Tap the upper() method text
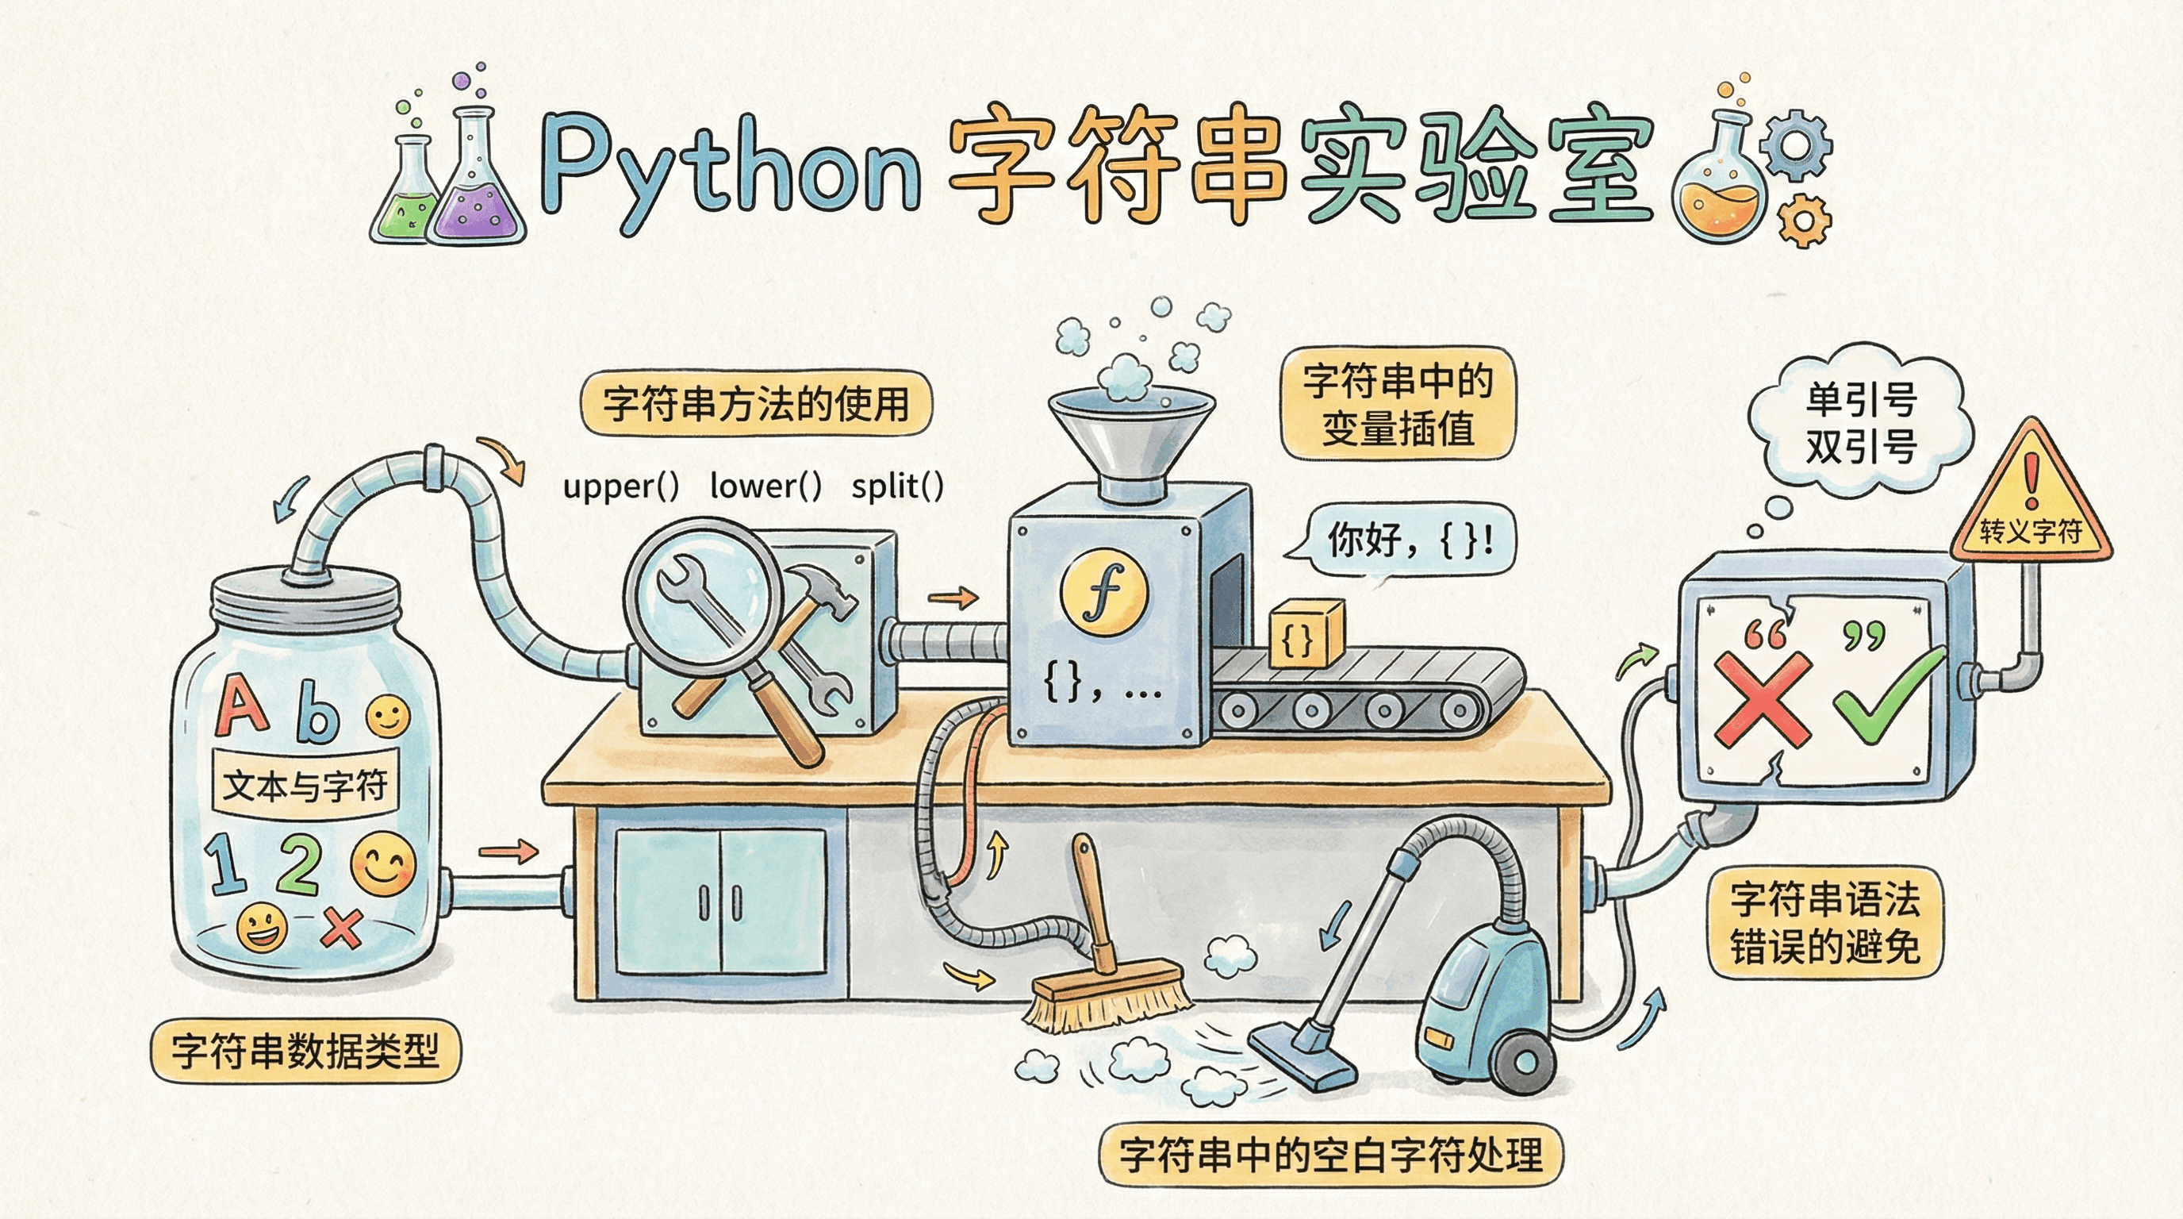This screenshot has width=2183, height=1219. [x=621, y=486]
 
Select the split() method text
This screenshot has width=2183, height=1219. [x=897, y=486]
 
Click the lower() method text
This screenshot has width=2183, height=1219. [x=765, y=486]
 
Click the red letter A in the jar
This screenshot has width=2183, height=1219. [x=241, y=706]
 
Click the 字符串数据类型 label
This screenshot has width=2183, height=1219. [x=305, y=1052]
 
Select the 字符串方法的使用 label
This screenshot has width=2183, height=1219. [x=756, y=403]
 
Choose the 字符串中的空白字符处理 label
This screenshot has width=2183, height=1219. [x=1330, y=1155]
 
